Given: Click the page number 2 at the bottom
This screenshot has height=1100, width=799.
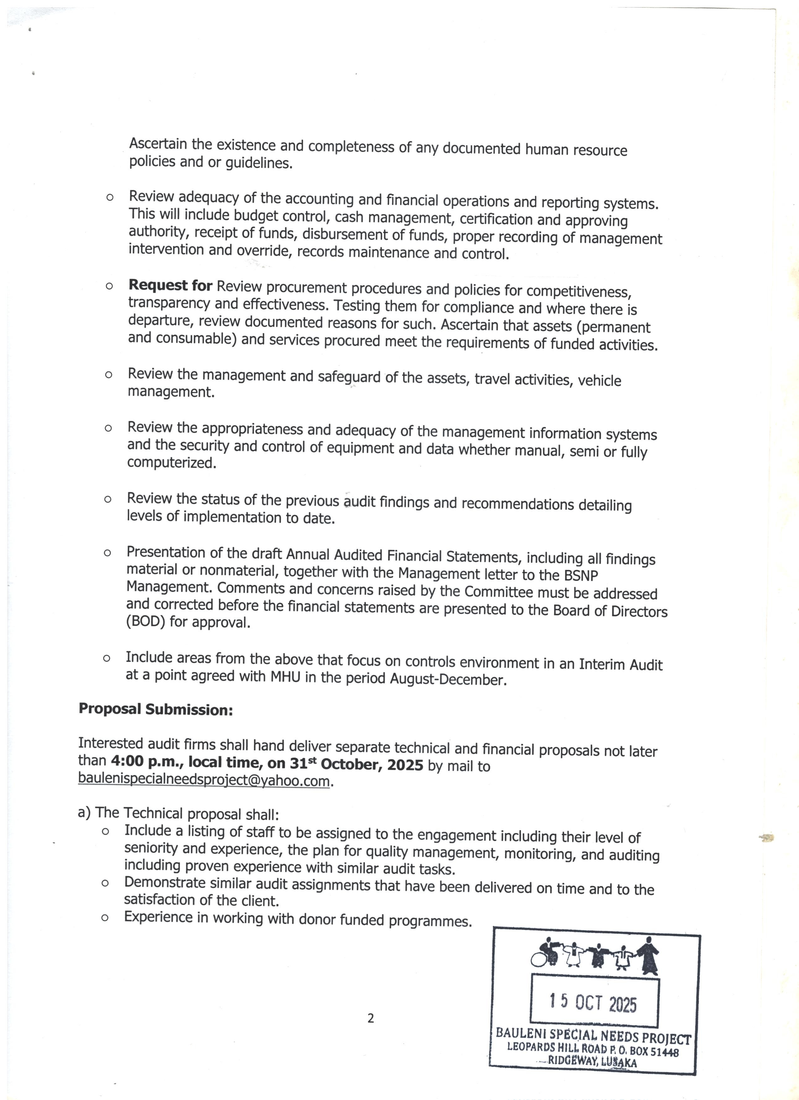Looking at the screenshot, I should (x=371, y=1018).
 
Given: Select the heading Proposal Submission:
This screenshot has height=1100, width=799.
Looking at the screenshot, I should (x=155, y=710).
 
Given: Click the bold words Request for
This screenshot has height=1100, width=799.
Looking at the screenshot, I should (x=170, y=286).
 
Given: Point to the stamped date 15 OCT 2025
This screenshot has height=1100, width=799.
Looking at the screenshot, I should (x=593, y=1002).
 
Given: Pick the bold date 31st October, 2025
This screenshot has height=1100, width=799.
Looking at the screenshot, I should (x=357, y=764).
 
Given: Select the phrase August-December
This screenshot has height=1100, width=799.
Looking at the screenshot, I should (x=448, y=679).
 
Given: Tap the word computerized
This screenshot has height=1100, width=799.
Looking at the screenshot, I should (x=171, y=463).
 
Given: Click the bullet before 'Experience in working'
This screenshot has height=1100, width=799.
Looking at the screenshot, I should (x=105, y=917).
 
